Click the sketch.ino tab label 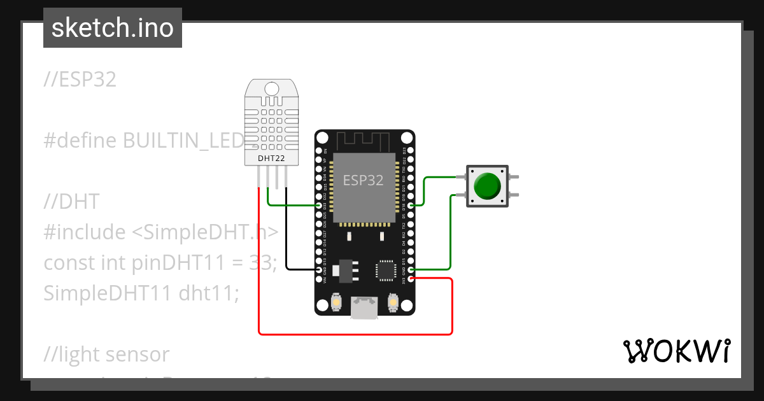pyautogui.click(x=112, y=28)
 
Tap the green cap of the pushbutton pyautogui.click(x=488, y=185)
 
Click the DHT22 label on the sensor pyautogui.click(x=272, y=158)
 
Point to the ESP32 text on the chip pyautogui.click(x=363, y=180)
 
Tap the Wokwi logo pyautogui.click(x=676, y=351)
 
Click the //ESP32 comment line pyautogui.click(x=80, y=80)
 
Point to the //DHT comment pyautogui.click(x=71, y=202)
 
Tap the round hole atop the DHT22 pyautogui.click(x=272, y=88)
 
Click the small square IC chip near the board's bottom pyautogui.click(x=385, y=269)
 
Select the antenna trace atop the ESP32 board pyautogui.click(x=363, y=140)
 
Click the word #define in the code pyautogui.click(x=80, y=141)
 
